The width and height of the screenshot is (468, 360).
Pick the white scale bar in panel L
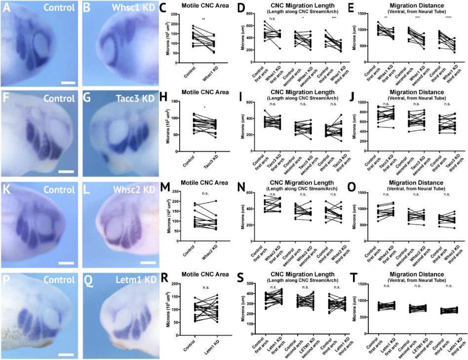(148, 262)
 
